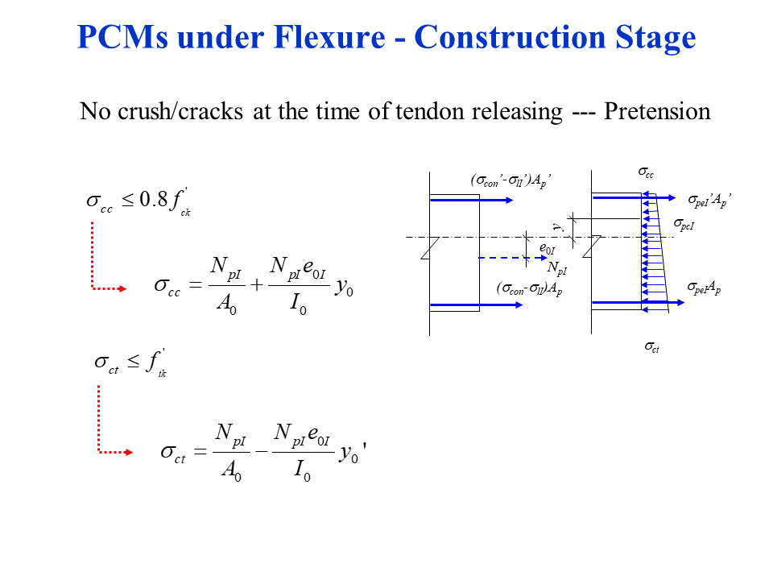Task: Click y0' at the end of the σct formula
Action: pyautogui.click(x=353, y=454)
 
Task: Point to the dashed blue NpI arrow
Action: pyautogui.click(x=499, y=258)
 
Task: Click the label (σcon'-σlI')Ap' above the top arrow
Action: pyautogui.click(x=511, y=182)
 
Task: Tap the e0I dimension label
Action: pyautogui.click(x=547, y=248)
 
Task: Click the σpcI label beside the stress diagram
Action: pyautogui.click(x=684, y=225)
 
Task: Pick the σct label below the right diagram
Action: pyautogui.click(x=652, y=347)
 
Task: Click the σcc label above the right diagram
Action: pyautogui.click(x=647, y=172)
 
